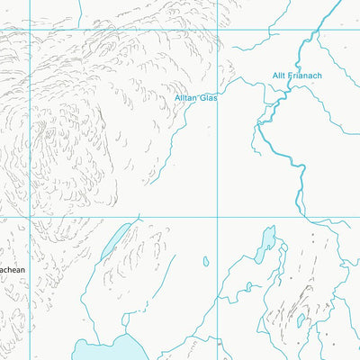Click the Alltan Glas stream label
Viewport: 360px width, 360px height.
(x=196, y=97)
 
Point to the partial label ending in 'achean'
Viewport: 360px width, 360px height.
(x=13, y=269)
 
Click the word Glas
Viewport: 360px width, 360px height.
(x=209, y=97)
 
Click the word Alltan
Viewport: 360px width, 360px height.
(x=186, y=97)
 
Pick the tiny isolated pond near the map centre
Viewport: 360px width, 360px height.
(x=205, y=262)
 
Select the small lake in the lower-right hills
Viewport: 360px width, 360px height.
(x=301, y=319)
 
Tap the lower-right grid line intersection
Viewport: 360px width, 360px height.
(x=218, y=217)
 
